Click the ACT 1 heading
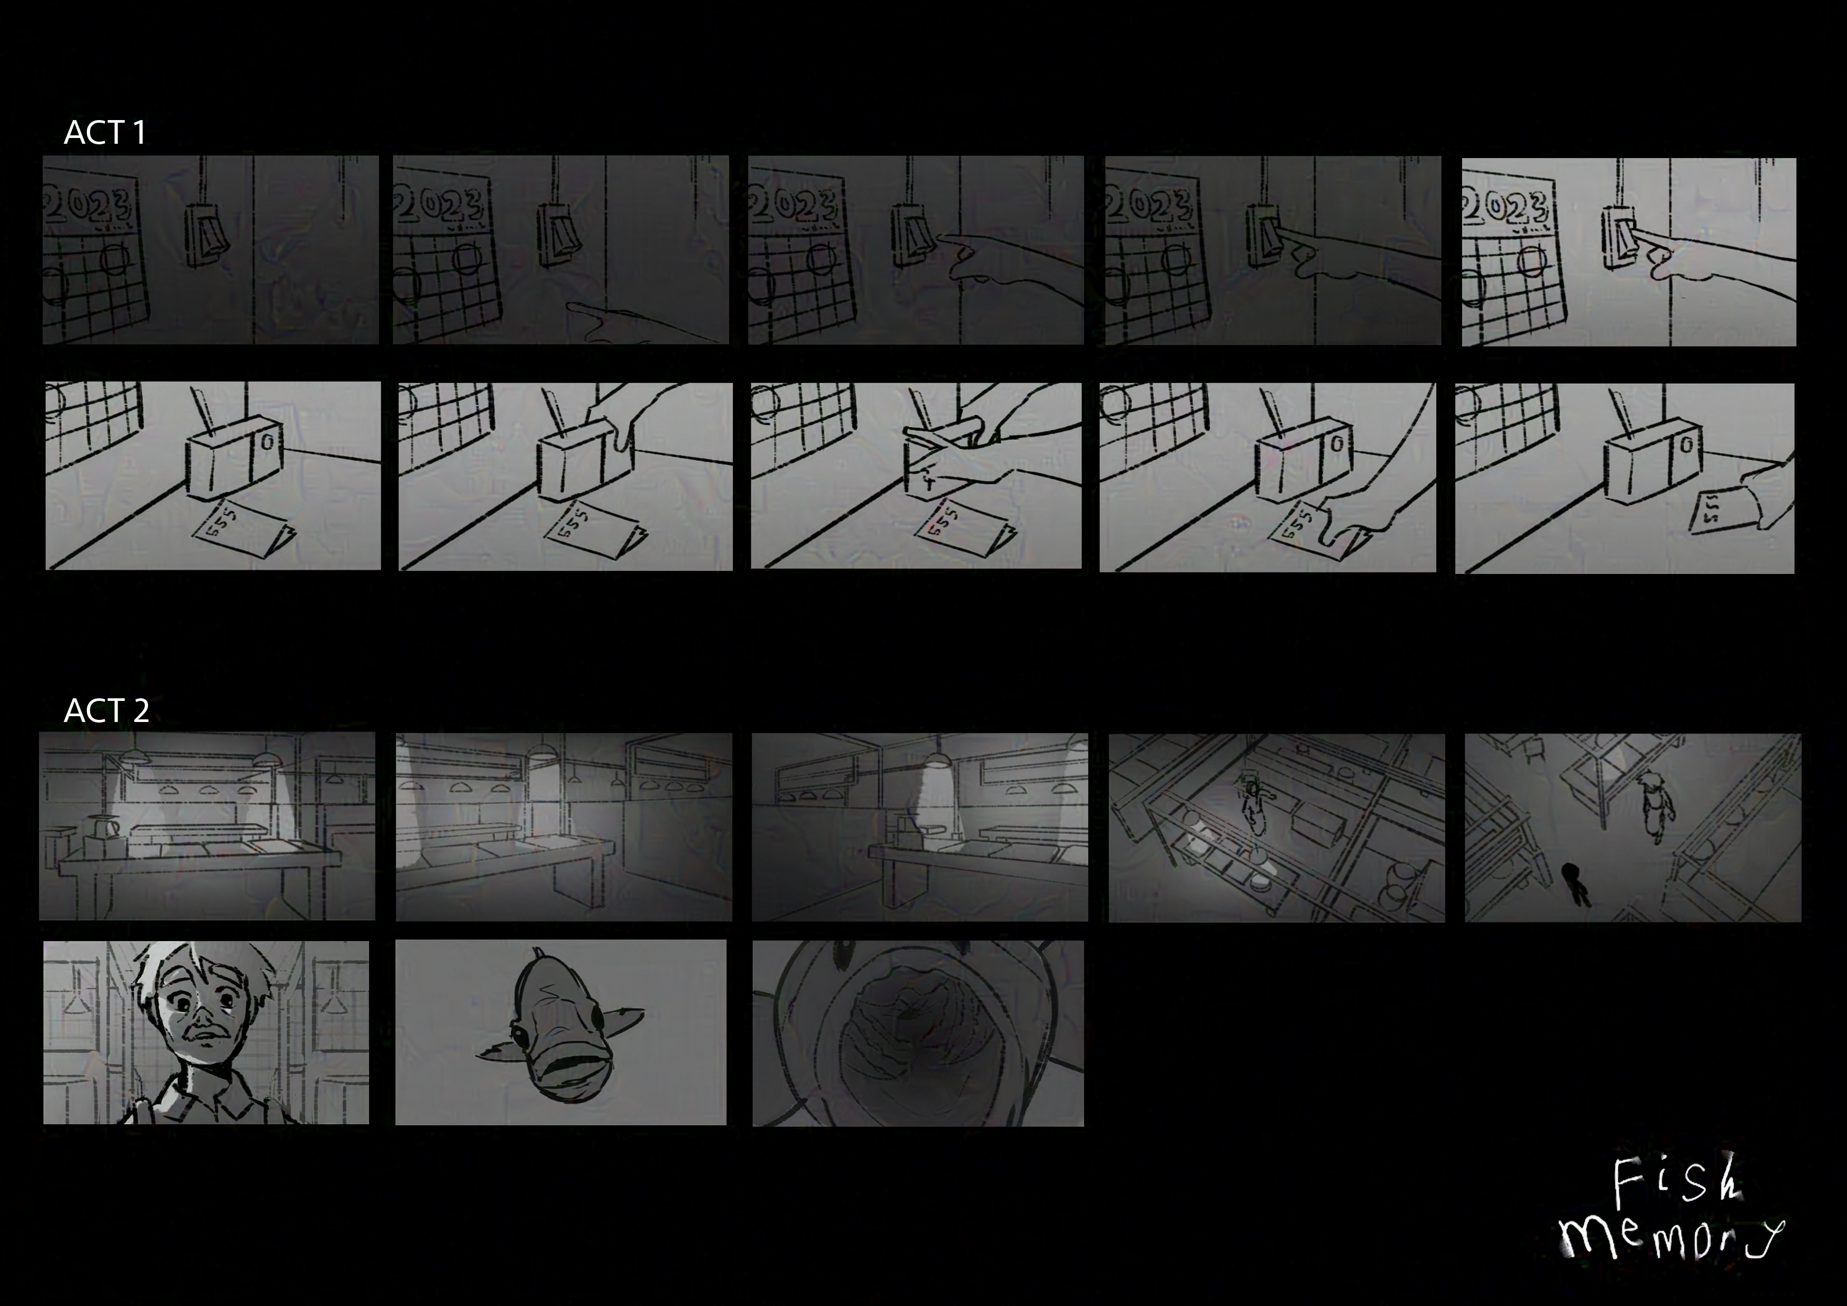105,132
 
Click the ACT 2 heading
106,710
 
